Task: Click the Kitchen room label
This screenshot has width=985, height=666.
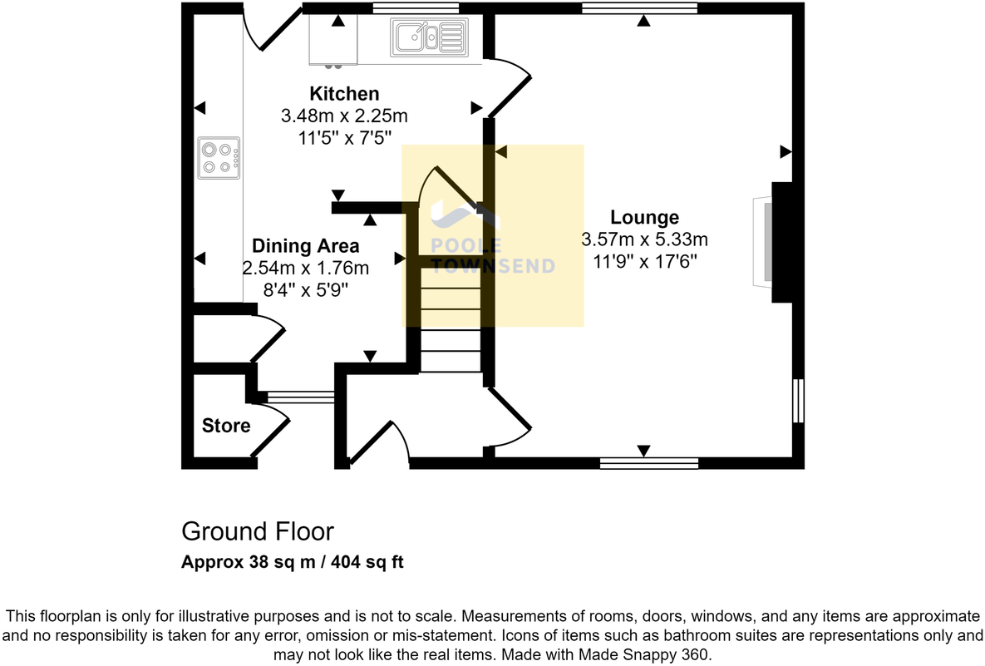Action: coord(344,93)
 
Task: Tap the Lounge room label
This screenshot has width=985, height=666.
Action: coord(644,218)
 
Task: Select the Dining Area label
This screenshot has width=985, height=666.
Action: coord(305,246)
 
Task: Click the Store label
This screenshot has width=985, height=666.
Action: coord(226,426)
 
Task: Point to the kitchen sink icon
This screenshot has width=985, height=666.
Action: coord(428,37)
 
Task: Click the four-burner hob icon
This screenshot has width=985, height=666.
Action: coord(219,158)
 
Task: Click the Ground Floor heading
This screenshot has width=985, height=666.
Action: coord(258,531)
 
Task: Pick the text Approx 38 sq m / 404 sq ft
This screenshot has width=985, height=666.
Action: coord(293,562)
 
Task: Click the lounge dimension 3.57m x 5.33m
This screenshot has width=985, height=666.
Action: coord(644,240)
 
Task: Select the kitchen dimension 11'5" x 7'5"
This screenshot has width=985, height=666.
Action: coord(344,136)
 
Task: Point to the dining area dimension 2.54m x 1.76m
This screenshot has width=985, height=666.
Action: coord(305,268)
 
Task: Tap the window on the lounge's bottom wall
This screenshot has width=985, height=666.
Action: coord(648,463)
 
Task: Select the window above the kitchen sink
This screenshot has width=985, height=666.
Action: coord(416,8)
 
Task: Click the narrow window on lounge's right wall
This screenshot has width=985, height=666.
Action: coord(798,401)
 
